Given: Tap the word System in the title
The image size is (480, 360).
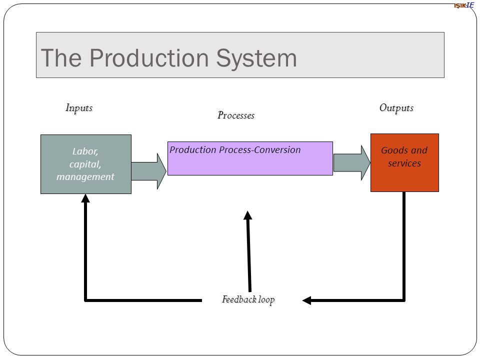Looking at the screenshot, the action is point(256,59).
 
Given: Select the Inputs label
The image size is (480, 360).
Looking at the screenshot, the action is point(79,108).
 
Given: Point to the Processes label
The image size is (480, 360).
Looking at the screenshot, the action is point(236,115).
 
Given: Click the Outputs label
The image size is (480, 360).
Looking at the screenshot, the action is point(396,108).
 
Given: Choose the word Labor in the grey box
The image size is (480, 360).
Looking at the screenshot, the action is point(85,151).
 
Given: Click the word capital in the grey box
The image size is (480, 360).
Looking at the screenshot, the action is point(85,164).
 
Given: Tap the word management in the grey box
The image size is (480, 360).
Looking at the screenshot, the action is point(85,177).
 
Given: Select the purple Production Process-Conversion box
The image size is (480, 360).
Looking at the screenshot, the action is point(250,158).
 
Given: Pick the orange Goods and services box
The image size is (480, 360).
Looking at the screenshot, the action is point(404,163).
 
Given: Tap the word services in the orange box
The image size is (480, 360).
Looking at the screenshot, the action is point(404,163).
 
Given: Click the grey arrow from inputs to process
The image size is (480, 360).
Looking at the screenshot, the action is point(149,171).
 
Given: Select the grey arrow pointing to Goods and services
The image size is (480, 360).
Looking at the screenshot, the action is point(351,163).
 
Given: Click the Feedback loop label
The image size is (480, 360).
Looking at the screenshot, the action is point(248,299).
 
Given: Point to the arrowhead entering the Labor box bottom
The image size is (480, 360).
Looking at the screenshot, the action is point(85,198).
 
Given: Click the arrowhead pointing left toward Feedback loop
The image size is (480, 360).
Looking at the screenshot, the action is point(306,300).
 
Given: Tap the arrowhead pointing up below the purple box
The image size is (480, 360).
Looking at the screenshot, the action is point(248,215).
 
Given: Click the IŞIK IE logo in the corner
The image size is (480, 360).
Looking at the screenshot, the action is point(464,5).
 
